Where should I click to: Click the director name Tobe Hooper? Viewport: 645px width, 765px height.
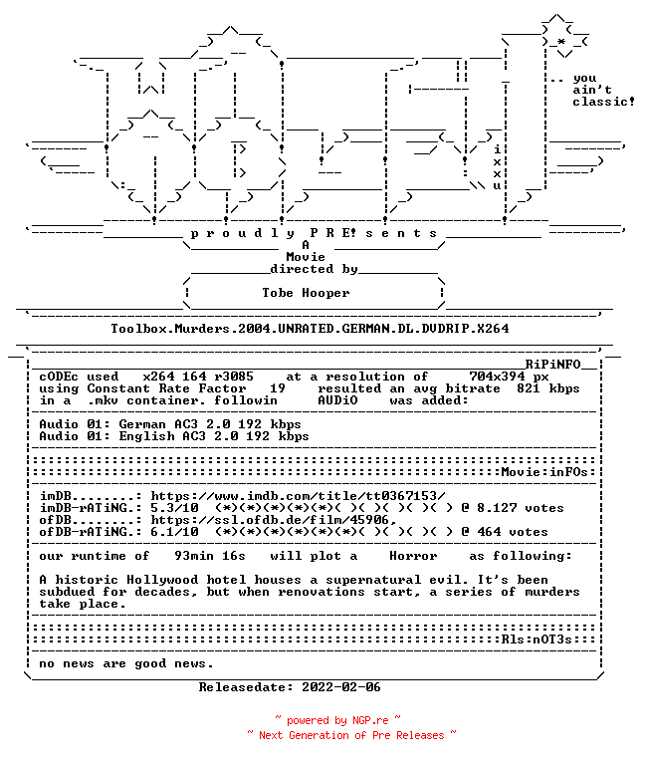[x=306, y=293]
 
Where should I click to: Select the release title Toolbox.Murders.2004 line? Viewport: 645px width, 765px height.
[x=310, y=329]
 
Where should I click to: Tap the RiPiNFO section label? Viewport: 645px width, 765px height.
[x=552, y=365]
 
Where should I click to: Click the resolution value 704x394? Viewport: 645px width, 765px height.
[x=497, y=377]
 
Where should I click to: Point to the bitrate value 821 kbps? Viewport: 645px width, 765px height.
[x=548, y=388]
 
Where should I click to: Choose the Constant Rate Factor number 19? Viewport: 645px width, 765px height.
[x=278, y=388]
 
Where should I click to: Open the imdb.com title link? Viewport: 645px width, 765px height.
[x=298, y=496]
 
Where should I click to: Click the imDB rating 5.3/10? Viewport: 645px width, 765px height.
[x=174, y=508]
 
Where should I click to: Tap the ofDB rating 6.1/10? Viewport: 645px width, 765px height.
[x=174, y=532]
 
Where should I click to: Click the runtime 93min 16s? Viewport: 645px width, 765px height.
[x=210, y=556]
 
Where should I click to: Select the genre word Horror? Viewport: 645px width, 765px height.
[x=413, y=556]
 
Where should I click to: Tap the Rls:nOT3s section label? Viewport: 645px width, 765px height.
[x=537, y=639]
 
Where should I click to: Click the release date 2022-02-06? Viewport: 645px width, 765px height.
[x=341, y=687]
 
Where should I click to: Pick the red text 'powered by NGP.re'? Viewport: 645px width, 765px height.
[x=337, y=720]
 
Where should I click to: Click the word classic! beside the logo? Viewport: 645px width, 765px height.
[x=603, y=102]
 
